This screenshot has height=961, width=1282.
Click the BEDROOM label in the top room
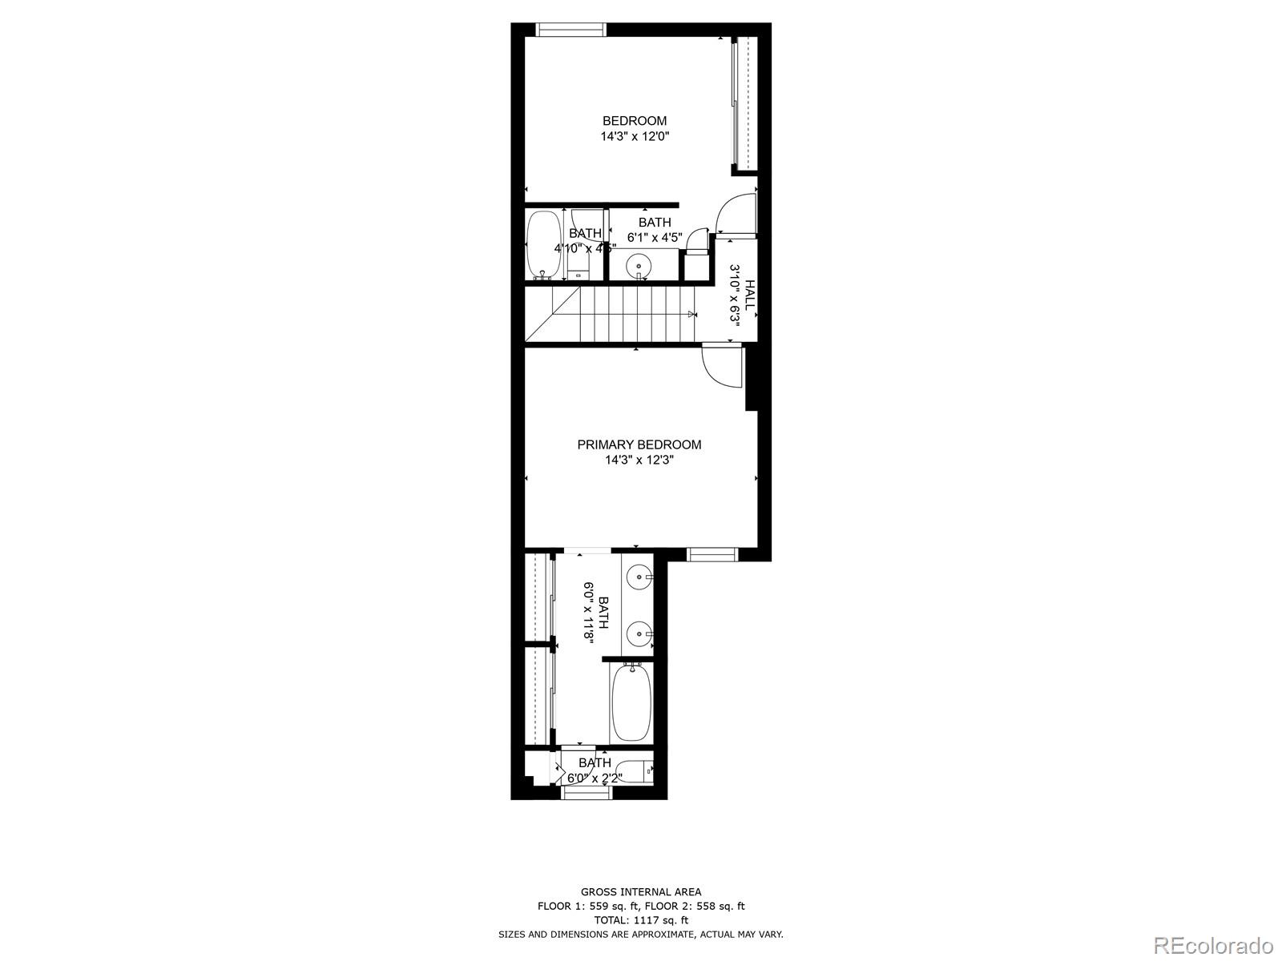click(x=635, y=121)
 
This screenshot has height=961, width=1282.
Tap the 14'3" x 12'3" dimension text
click(x=639, y=460)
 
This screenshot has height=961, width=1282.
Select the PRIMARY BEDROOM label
click(x=639, y=444)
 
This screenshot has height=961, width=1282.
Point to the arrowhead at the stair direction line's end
click(x=691, y=315)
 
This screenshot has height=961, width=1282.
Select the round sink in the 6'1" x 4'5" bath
click(x=639, y=264)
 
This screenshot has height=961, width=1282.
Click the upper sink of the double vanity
click(x=639, y=575)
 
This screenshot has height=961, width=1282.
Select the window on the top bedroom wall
click(x=570, y=30)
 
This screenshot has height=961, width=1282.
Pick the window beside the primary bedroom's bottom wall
click(x=712, y=553)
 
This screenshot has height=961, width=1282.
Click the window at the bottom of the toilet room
click(x=587, y=793)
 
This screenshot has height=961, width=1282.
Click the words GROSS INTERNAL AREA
click(x=640, y=891)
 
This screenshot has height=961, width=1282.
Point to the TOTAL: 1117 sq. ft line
click(x=640, y=920)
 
